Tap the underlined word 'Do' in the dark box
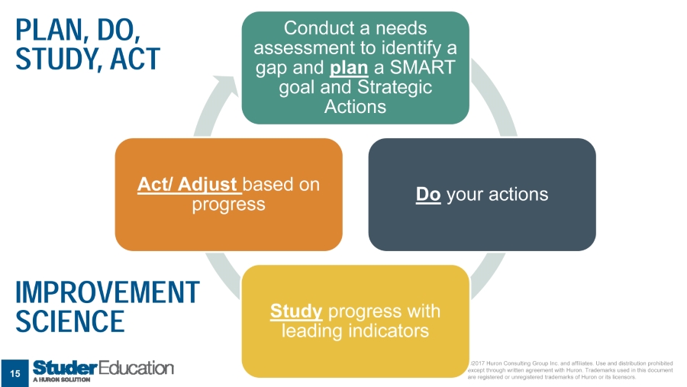pos(428,195)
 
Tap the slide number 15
pos(15,372)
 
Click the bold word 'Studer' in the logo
pos(63,368)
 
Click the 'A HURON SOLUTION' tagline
pos(62,379)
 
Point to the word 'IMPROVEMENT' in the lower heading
pos(107,292)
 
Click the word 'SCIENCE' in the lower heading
pos(69,321)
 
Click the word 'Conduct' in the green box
pos(314,28)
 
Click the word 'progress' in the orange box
pos(228,205)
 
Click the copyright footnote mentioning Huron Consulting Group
pos(569,370)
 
